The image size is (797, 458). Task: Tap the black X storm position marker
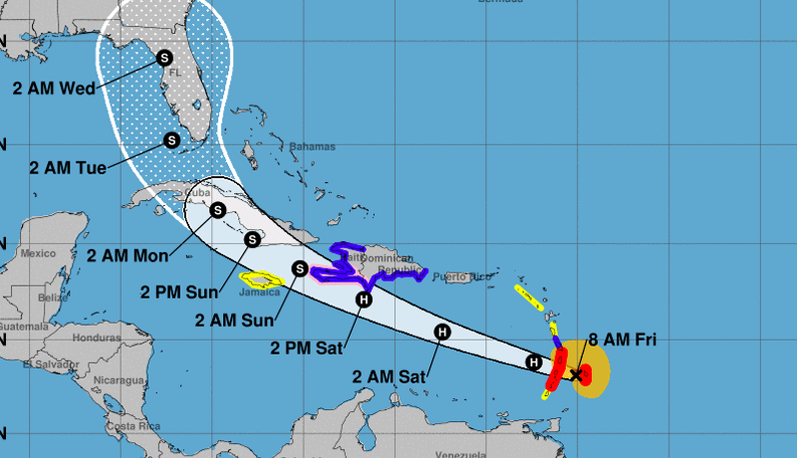[x=576, y=375]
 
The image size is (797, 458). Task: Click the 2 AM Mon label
[x=127, y=255]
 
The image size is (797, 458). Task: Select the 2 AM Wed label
[x=54, y=88]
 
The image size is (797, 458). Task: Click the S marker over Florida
[x=163, y=59]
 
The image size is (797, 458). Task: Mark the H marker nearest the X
[x=534, y=362]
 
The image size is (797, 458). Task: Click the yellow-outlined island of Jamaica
[x=262, y=281]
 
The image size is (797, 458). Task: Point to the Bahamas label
[x=314, y=145]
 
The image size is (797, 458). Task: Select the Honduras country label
[x=96, y=338]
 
